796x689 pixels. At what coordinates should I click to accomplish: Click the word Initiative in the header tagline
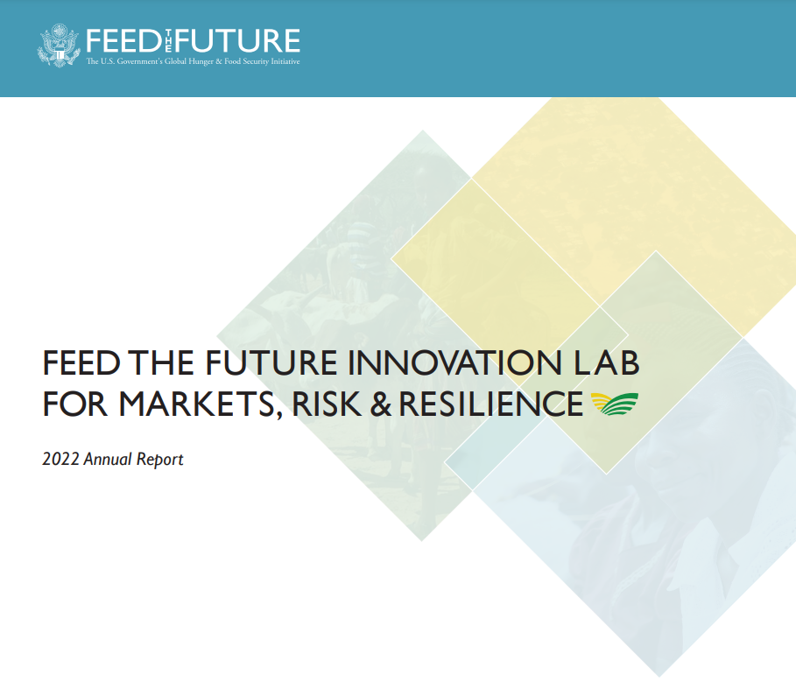(281, 62)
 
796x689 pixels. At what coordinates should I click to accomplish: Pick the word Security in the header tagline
(252, 62)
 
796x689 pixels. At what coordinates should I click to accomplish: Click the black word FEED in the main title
(81, 362)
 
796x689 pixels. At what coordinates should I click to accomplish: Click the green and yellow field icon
(615, 404)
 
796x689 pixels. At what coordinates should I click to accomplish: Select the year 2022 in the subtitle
(60, 459)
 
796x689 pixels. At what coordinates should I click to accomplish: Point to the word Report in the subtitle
(160, 459)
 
